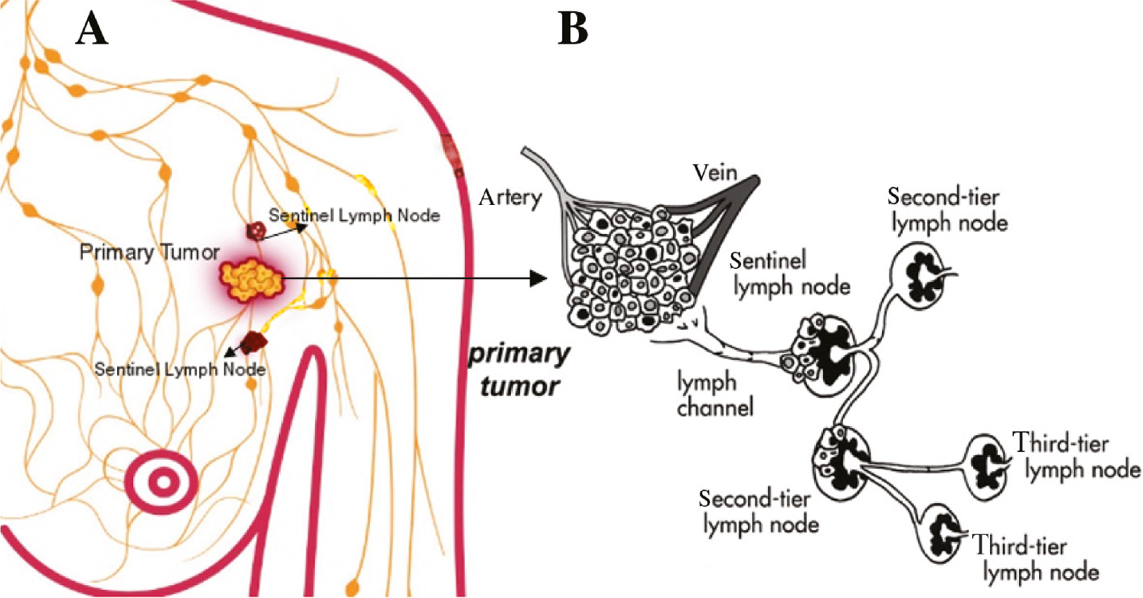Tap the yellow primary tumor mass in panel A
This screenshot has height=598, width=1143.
[x=252, y=279]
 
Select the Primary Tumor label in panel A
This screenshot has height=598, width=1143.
[x=149, y=253]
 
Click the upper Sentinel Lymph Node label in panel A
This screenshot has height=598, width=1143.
[x=355, y=215]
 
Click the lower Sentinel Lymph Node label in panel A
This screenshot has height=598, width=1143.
[x=181, y=370]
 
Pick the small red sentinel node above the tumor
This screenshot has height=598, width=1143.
[x=256, y=231]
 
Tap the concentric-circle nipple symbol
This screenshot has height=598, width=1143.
[x=163, y=483]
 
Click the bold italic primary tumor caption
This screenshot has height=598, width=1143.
[x=515, y=371]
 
